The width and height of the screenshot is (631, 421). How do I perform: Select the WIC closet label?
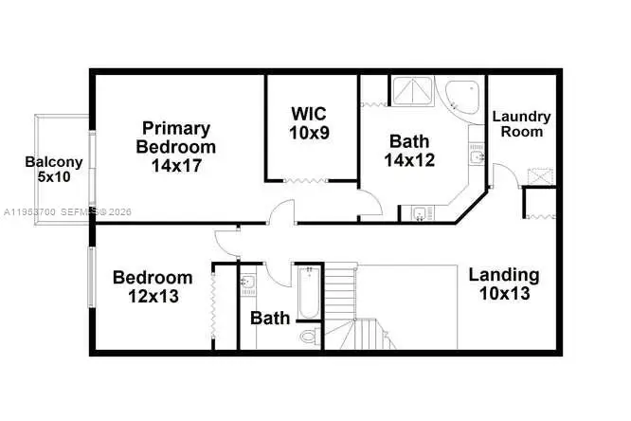click(x=310, y=115)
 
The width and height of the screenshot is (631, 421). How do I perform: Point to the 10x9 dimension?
click(x=310, y=134)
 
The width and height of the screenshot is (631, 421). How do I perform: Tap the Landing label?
click(x=504, y=275)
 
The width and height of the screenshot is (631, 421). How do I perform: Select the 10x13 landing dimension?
click(x=504, y=294)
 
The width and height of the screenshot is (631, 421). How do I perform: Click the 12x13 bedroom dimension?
click(x=153, y=296)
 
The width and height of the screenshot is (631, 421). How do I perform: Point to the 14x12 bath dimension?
click(x=409, y=160)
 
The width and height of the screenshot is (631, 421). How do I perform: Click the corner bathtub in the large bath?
click(x=460, y=96)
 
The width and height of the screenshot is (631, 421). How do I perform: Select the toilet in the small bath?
click(x=308, y=336)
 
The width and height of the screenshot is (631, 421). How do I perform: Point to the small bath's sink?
click(x=247, y=283)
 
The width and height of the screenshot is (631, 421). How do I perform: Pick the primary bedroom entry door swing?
click(x=281, y=212)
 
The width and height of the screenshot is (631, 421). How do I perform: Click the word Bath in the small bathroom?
click(x=270, y=319)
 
